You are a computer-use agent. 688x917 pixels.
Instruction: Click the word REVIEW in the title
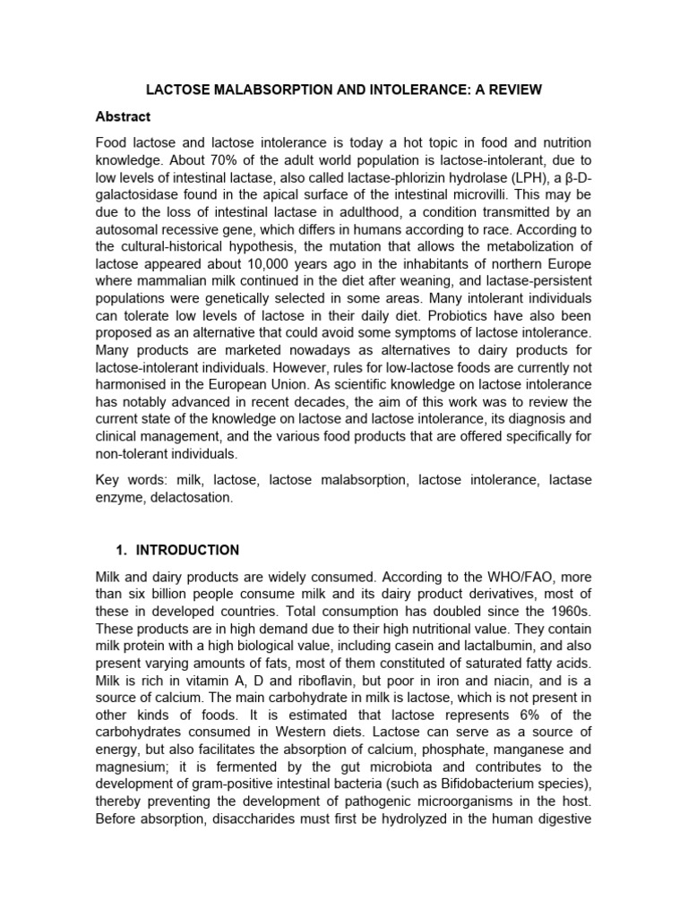coord(510,90)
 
